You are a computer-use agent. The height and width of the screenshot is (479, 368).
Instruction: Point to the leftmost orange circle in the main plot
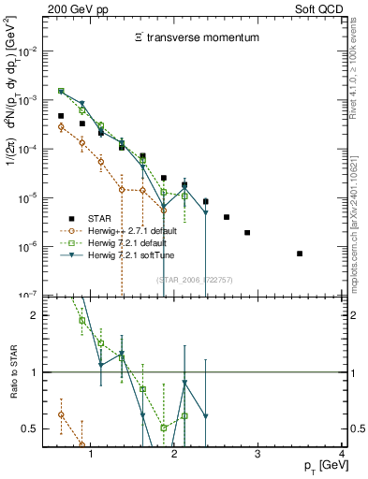point(62,126)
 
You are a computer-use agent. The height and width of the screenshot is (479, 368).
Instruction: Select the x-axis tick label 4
point(342,454)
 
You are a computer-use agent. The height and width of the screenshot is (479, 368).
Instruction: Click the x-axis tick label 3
point(258,454)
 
